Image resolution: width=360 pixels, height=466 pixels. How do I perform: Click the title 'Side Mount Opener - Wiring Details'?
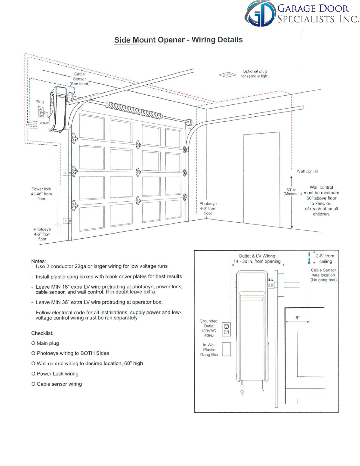point(178,40)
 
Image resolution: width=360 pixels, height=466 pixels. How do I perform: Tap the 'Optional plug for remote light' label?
point(255,74)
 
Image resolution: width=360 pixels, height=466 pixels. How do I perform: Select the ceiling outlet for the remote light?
point(227,75)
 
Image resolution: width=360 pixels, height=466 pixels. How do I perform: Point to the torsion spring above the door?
point(134,110)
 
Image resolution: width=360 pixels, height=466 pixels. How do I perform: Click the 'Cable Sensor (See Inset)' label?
point(80,79)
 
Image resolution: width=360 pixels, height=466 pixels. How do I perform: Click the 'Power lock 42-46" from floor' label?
point(42,194)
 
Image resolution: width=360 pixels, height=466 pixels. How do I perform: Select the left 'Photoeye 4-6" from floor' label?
point(42,234)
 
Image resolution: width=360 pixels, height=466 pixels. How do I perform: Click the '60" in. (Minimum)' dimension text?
point(293,192)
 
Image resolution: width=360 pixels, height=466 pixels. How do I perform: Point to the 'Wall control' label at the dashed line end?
point(307,171)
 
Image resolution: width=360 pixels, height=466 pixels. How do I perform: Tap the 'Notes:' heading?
point(38,261)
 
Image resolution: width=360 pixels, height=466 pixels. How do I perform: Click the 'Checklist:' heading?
point(42,333)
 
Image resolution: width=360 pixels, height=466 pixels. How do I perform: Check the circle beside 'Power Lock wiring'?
point(33,374)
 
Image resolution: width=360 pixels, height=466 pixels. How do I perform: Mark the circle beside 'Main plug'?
point(33,343)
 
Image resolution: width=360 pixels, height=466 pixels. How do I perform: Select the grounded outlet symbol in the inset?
point(226,329)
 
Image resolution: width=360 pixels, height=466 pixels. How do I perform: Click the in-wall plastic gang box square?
point(226,349)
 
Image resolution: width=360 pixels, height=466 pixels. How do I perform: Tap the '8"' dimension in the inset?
point(297,318)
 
